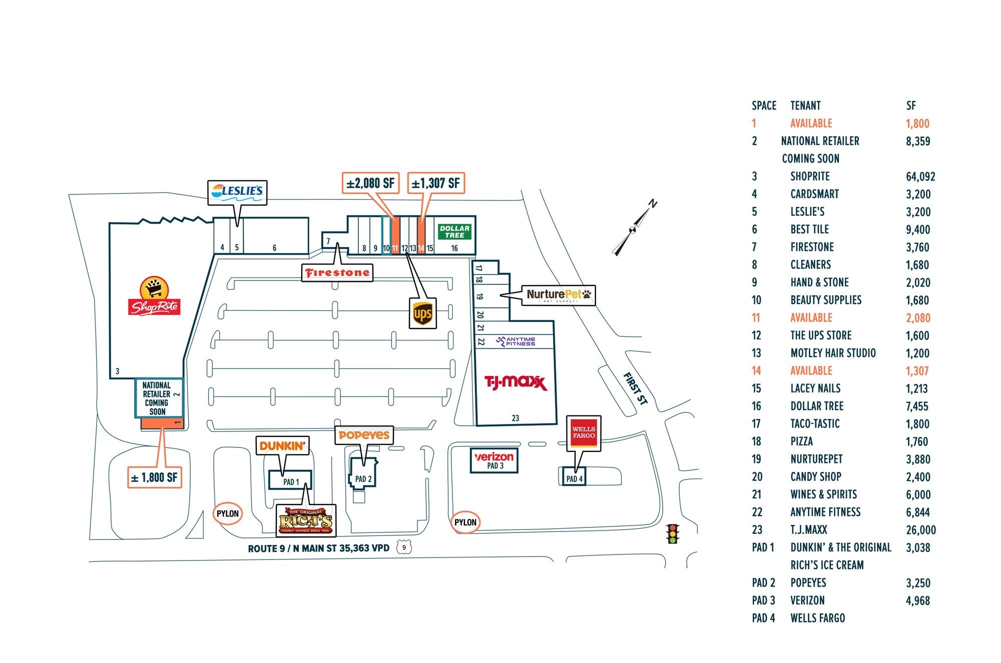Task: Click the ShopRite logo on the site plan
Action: coord(154,296)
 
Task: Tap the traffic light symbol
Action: coord(673,533)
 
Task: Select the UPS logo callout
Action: coord(422,313)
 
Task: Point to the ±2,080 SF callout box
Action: coord(370,183)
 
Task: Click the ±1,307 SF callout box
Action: coord(435,183)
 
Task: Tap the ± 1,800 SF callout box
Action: coord(154,477)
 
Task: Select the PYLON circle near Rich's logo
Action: coord(228,513)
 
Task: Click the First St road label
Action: coord(635,388)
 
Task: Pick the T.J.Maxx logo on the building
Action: coord(516,383)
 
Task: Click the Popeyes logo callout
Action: coord(364,435)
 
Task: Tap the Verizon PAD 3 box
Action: coord(494,460)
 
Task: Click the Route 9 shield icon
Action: coord(404,547)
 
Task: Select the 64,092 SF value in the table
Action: coord(920,176)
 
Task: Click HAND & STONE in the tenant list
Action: coord(819,282)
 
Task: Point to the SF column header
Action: coord(911,105)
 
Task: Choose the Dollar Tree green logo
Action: coord(454,231)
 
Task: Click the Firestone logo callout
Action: coord(337,273)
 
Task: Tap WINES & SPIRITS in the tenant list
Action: coord(823,494)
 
